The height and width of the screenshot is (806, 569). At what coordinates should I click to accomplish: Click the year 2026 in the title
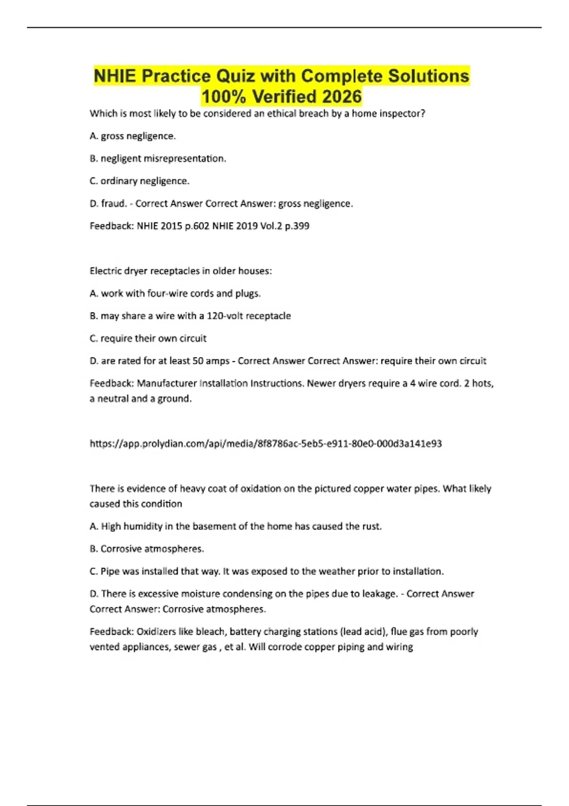coord(341,96)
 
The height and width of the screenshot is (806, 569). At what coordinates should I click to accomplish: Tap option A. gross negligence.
coord(133,136)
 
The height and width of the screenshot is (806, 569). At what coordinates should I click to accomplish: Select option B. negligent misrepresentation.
coord(158,158)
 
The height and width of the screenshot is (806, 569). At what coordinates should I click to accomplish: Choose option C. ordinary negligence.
coord(139,181)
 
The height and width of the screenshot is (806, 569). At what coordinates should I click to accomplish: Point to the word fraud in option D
coord(114,203)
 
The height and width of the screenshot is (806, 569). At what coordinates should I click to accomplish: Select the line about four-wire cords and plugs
coord(175,293)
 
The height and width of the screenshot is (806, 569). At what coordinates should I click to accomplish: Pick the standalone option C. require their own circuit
coord(148,339)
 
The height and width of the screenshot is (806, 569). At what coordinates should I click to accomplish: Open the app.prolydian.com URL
coord(266,444)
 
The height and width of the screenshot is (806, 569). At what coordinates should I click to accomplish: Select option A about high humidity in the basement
coord(236,526)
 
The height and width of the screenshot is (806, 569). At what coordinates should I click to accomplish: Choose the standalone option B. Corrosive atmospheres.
coord(147,549)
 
